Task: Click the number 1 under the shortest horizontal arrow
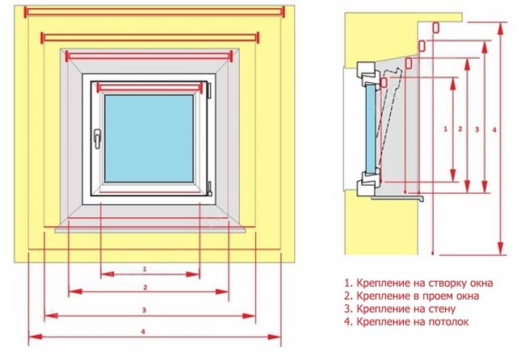144,268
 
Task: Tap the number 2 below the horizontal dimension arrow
144,287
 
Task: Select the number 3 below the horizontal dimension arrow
144,308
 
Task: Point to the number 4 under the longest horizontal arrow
144,330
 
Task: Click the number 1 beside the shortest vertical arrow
446,128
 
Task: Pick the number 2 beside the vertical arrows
460,128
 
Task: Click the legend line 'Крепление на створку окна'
418,283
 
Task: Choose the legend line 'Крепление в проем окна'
411,296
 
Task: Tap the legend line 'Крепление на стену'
401,309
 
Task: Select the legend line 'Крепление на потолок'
405,322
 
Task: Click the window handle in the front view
97,139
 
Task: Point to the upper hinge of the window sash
209,87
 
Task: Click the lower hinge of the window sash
209,189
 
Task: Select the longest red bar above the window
154,11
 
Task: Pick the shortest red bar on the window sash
150,86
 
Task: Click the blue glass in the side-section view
371,126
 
